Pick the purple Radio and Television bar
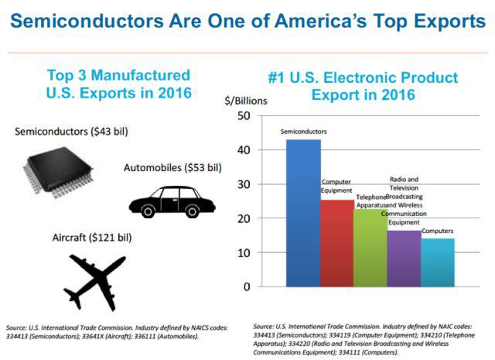[404, 259]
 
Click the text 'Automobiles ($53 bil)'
[172, 167]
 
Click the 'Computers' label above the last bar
[438, 231]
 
